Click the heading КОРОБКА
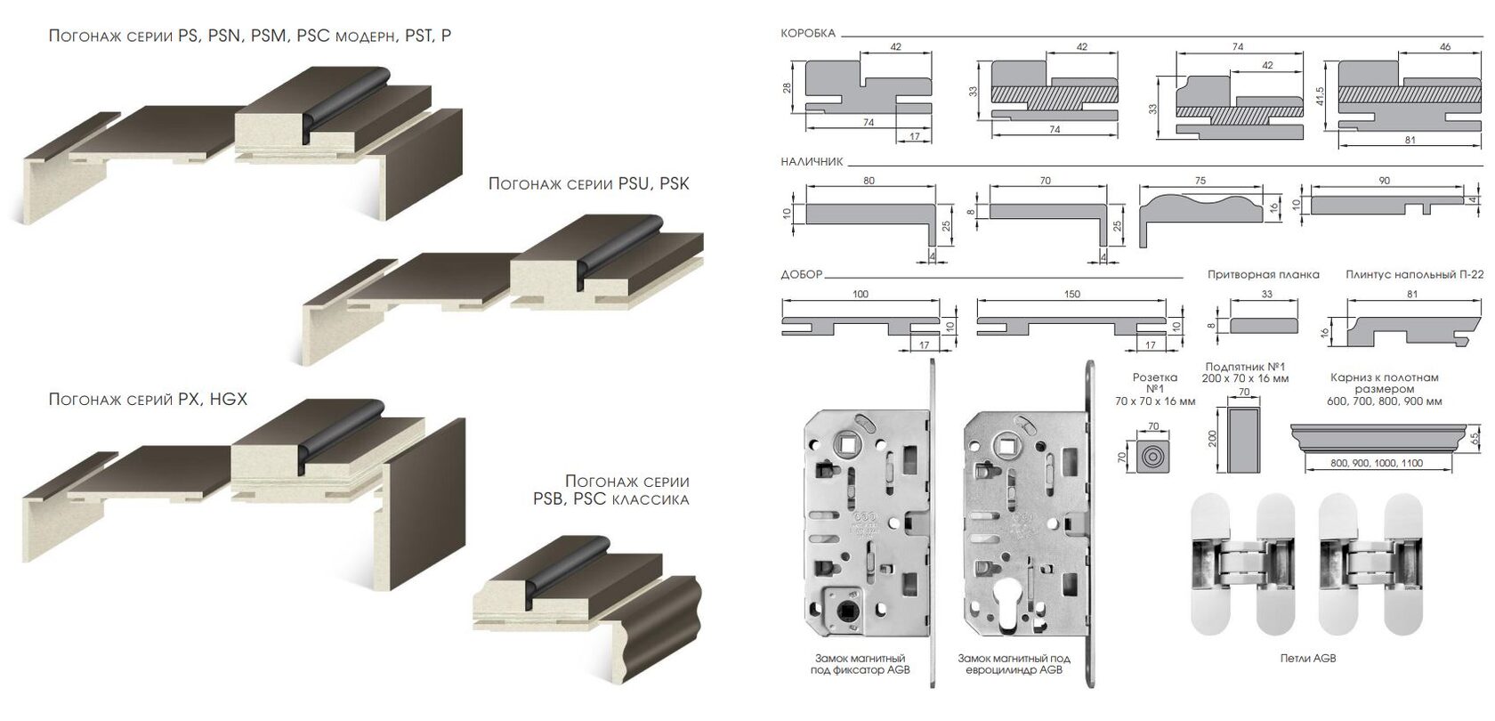808,34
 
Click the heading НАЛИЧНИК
812,162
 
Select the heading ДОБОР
802,274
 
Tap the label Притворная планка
1264,274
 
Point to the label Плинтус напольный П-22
1414,274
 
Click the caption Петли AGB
1308,659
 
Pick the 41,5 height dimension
1320,95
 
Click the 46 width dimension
1445,46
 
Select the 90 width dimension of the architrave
1385,181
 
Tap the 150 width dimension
1071,294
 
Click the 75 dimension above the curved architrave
1200,180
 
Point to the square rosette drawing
1152,456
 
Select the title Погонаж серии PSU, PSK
589,183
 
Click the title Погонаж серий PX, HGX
148,399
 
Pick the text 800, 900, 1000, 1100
1376,463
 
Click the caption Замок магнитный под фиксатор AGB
861,664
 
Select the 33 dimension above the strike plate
1267,294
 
